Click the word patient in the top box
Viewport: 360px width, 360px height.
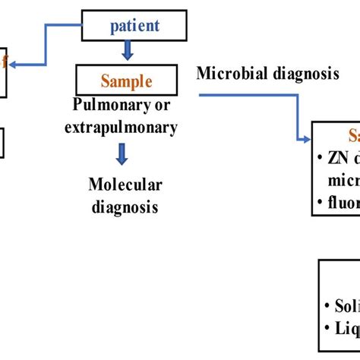click(x=135, y=25)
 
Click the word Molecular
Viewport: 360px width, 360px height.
click(x=125, y=185)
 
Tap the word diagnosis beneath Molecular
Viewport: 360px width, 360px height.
click(x=125, y=205)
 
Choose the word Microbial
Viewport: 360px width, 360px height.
click(x=226, y=74)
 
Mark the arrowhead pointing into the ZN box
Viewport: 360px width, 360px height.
click(x=305, y=138)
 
